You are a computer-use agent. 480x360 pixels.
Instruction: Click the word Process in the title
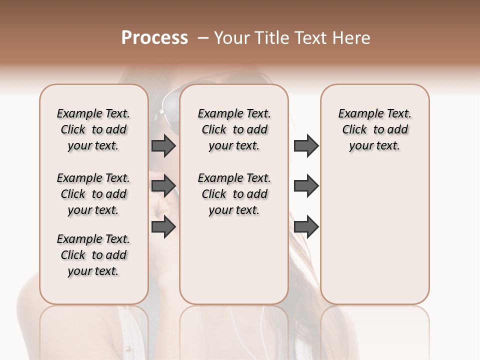point(154,38)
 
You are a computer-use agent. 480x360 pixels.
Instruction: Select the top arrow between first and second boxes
point(163,146)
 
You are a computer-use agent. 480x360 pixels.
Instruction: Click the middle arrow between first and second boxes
point(163,186)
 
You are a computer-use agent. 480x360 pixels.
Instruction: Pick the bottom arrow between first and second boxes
point(163,227)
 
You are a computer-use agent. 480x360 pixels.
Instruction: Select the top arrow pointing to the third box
point(306,146)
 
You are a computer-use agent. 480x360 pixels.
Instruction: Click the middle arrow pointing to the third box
point(306,186)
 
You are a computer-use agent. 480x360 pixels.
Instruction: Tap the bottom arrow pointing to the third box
point(306,227)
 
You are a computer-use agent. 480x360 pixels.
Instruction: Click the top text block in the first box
point(93,129)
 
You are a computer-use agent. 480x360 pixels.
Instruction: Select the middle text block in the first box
point(93,194)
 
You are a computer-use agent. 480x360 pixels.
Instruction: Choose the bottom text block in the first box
point(93,255)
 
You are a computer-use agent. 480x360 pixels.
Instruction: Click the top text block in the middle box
point(234,129)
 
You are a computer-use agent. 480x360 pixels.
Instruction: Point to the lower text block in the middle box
point(234,194)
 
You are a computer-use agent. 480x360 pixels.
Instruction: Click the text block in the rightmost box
point(375,129)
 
